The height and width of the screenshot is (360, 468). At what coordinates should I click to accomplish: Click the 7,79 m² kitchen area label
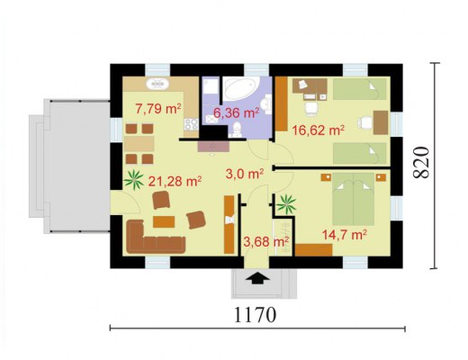[158, 108]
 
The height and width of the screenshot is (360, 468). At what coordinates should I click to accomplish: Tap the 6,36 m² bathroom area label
[236, 113]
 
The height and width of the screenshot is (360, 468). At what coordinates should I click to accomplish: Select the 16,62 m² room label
[318, 130]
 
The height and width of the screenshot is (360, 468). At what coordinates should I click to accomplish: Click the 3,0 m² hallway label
[245, 174]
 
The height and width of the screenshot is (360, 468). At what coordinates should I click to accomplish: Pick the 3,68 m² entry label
[266, 241]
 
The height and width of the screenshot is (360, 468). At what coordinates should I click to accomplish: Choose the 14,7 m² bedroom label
[345, 235]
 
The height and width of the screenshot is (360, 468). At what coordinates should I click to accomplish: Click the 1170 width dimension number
[255, 315]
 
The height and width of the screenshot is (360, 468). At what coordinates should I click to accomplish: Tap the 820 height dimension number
[421, 162]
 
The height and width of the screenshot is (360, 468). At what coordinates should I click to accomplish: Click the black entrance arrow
[257, 278]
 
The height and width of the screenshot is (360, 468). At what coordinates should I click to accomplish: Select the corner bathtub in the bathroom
[241, 88]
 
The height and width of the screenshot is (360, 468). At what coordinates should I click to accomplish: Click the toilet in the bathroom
[237, 130]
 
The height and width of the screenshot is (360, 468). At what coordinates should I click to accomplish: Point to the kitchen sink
[157, 84]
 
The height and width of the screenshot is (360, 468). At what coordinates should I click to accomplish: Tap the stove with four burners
[191, 124]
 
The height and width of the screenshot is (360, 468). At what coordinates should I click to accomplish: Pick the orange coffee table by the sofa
[164, 221]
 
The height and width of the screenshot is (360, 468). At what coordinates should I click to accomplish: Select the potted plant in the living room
[133, 179]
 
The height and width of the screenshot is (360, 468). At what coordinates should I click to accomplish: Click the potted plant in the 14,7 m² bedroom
[286, 204]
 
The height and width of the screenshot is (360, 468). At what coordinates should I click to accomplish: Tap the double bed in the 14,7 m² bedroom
[354, 199]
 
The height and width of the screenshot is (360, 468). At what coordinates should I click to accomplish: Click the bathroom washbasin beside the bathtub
[265, 104]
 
